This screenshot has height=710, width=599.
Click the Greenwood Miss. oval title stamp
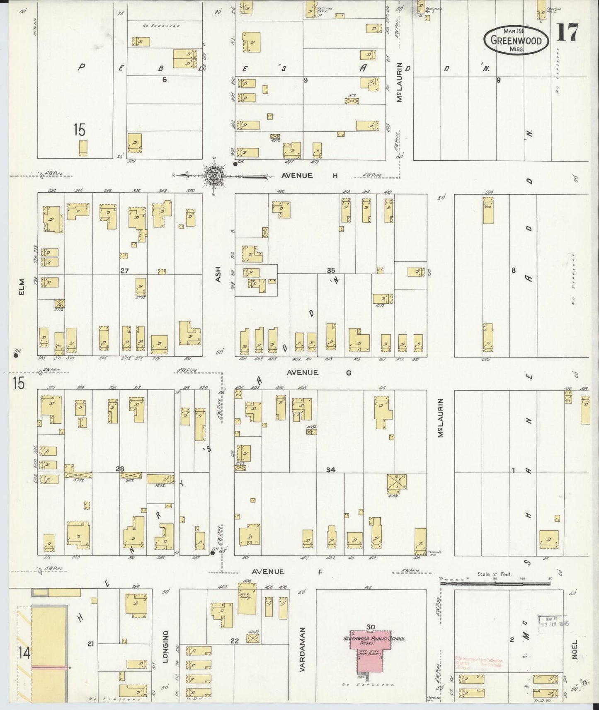516,40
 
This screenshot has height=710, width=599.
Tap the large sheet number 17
567,32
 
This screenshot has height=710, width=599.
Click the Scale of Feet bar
495,583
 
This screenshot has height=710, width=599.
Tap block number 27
124,271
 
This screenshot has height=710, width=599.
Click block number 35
330,270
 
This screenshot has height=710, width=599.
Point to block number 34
330,470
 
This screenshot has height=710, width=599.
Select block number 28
120,469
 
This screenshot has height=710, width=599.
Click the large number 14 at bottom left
24,654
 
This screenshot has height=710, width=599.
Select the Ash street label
218,275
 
